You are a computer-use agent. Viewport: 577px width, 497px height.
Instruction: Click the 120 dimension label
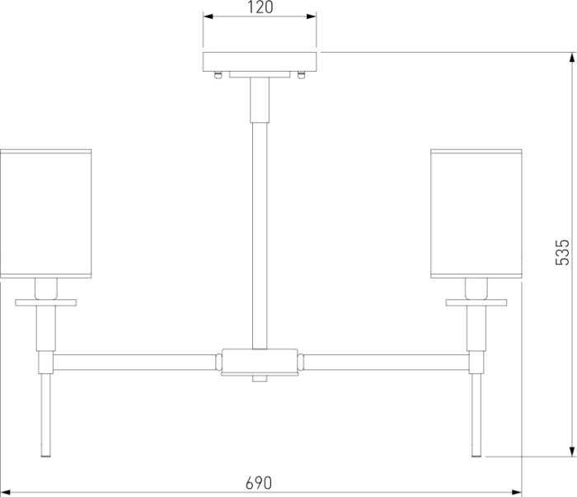(260, 7)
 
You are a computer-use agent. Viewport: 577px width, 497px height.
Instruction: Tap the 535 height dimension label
(562, 252)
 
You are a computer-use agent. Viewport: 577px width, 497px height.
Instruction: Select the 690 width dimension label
(259, 483)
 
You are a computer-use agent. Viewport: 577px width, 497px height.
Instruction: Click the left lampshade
(46, 213)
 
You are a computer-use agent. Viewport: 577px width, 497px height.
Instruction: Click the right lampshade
(476, 213)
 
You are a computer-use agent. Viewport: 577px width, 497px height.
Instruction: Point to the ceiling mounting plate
(260, 62)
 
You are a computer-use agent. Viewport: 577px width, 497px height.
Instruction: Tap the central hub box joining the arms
(260, 362)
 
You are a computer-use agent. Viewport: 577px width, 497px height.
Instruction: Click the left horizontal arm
(134, 362)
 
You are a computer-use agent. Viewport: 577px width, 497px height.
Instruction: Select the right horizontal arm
(386, 362)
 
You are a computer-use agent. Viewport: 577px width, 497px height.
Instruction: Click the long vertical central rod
(260, 236)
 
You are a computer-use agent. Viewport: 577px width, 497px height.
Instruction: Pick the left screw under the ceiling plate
(218, 75)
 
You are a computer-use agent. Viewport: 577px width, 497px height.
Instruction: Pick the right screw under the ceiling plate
(302, 75)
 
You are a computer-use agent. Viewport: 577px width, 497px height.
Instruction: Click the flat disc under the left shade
(46, 302)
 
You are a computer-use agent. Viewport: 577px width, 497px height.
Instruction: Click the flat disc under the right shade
(476, 302)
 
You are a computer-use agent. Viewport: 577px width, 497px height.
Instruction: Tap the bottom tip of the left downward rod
(46, 457)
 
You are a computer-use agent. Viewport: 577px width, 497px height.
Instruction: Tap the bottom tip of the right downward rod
(476, 457)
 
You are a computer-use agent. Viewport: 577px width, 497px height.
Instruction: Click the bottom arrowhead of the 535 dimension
(572, 451)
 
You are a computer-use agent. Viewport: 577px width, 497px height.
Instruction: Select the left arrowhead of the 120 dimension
(209, 16)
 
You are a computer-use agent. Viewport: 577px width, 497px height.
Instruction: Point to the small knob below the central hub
(260, 378)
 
